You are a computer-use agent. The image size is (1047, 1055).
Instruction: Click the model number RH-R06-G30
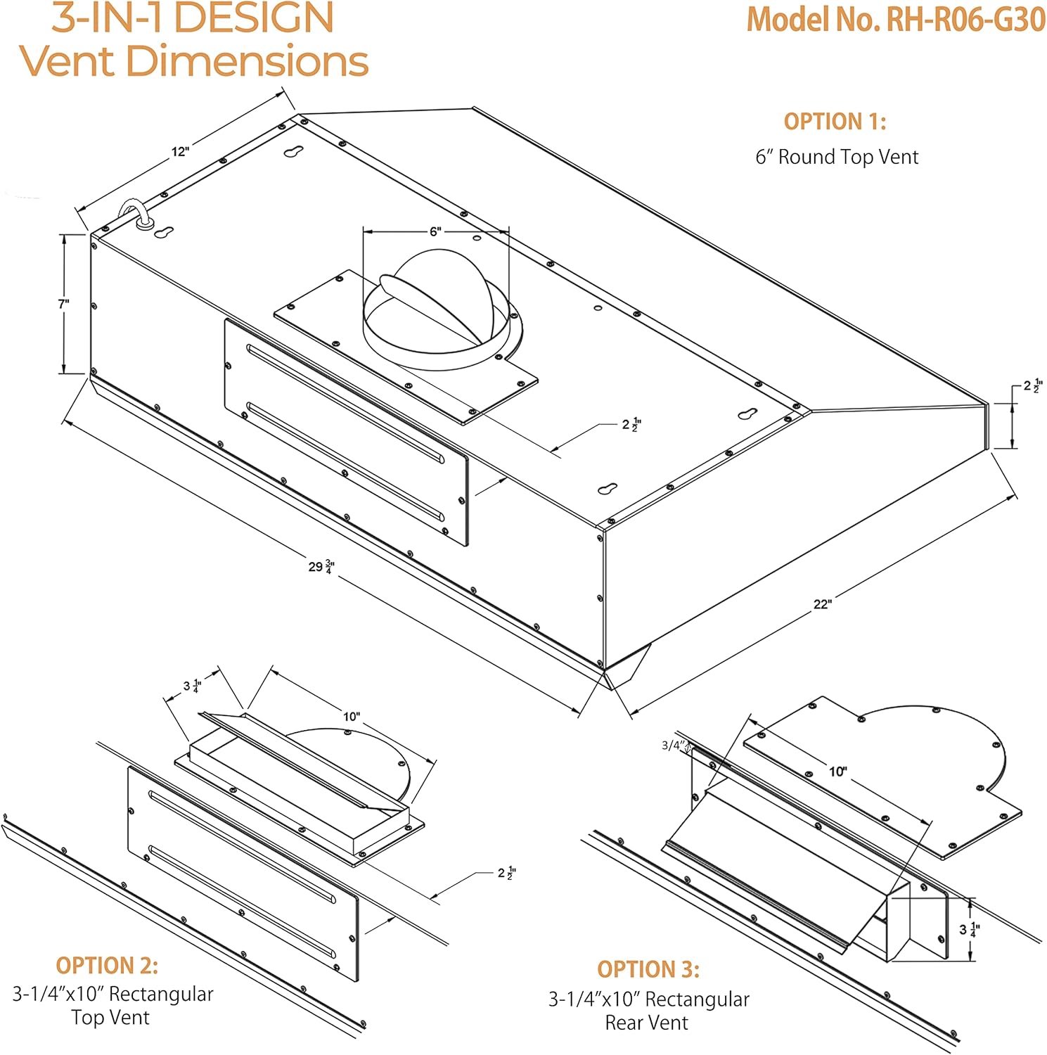[895, 19]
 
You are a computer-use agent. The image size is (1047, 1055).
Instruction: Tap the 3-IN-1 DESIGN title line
[192, 18]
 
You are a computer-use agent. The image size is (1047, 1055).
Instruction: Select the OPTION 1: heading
[835, 122]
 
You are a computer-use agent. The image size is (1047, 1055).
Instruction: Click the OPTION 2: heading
[107, 965]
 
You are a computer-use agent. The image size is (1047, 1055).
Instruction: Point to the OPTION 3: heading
[648, 969]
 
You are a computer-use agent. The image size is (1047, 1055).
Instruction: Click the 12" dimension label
[180, 151]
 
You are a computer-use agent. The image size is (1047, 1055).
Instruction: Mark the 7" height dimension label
[64, 304]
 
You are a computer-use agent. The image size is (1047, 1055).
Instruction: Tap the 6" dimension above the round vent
[436, 231]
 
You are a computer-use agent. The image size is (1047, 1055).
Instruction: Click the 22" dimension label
[823, 604]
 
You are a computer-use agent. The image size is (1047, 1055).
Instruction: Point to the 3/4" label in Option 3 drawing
[672, 746]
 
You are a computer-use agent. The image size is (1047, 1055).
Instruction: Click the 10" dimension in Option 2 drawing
[352, 717]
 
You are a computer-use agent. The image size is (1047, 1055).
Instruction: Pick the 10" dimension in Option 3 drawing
[837, 772]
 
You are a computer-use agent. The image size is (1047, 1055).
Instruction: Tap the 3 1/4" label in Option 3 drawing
[969, 930]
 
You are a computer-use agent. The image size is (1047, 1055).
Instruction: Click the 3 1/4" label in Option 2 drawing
[192, 686]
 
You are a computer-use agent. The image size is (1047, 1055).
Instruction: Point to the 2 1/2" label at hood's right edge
[1032, 385]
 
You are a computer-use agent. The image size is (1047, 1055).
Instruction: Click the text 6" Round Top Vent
[837, 157]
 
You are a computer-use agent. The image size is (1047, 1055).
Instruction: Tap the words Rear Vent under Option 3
[646, 1023]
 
